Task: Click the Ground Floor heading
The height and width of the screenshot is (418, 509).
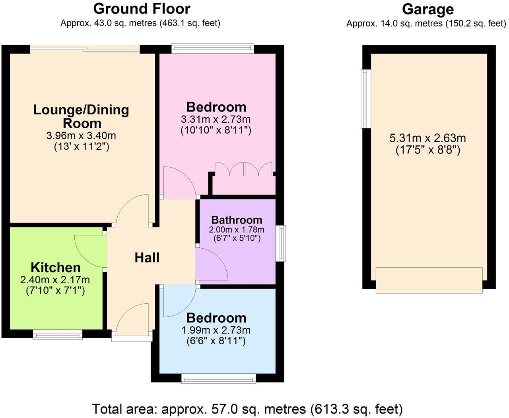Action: click(142, 8)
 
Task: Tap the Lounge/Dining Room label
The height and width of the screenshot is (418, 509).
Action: click(81, 116)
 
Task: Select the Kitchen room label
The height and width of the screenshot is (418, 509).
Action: click(56, 267)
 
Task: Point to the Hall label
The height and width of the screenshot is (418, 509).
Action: click(147, 257)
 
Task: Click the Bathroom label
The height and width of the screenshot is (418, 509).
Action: click(237, 220)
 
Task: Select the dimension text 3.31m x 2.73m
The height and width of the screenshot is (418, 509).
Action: click(216, 119)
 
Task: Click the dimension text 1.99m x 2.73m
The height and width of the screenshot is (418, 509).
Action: click(216, 330)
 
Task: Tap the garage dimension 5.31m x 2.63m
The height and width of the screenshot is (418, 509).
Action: click(427, 138)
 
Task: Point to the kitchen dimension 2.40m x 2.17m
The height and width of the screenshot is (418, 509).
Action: click(55, 280)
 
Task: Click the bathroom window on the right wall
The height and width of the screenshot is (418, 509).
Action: click(282, 243)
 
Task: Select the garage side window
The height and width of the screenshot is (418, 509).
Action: click(365, 99)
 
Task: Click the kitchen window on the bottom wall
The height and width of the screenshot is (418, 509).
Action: click(58, 334)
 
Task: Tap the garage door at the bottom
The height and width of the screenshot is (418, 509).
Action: click(429, 280)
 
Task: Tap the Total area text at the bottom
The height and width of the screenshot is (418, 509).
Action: click(247, 408)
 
